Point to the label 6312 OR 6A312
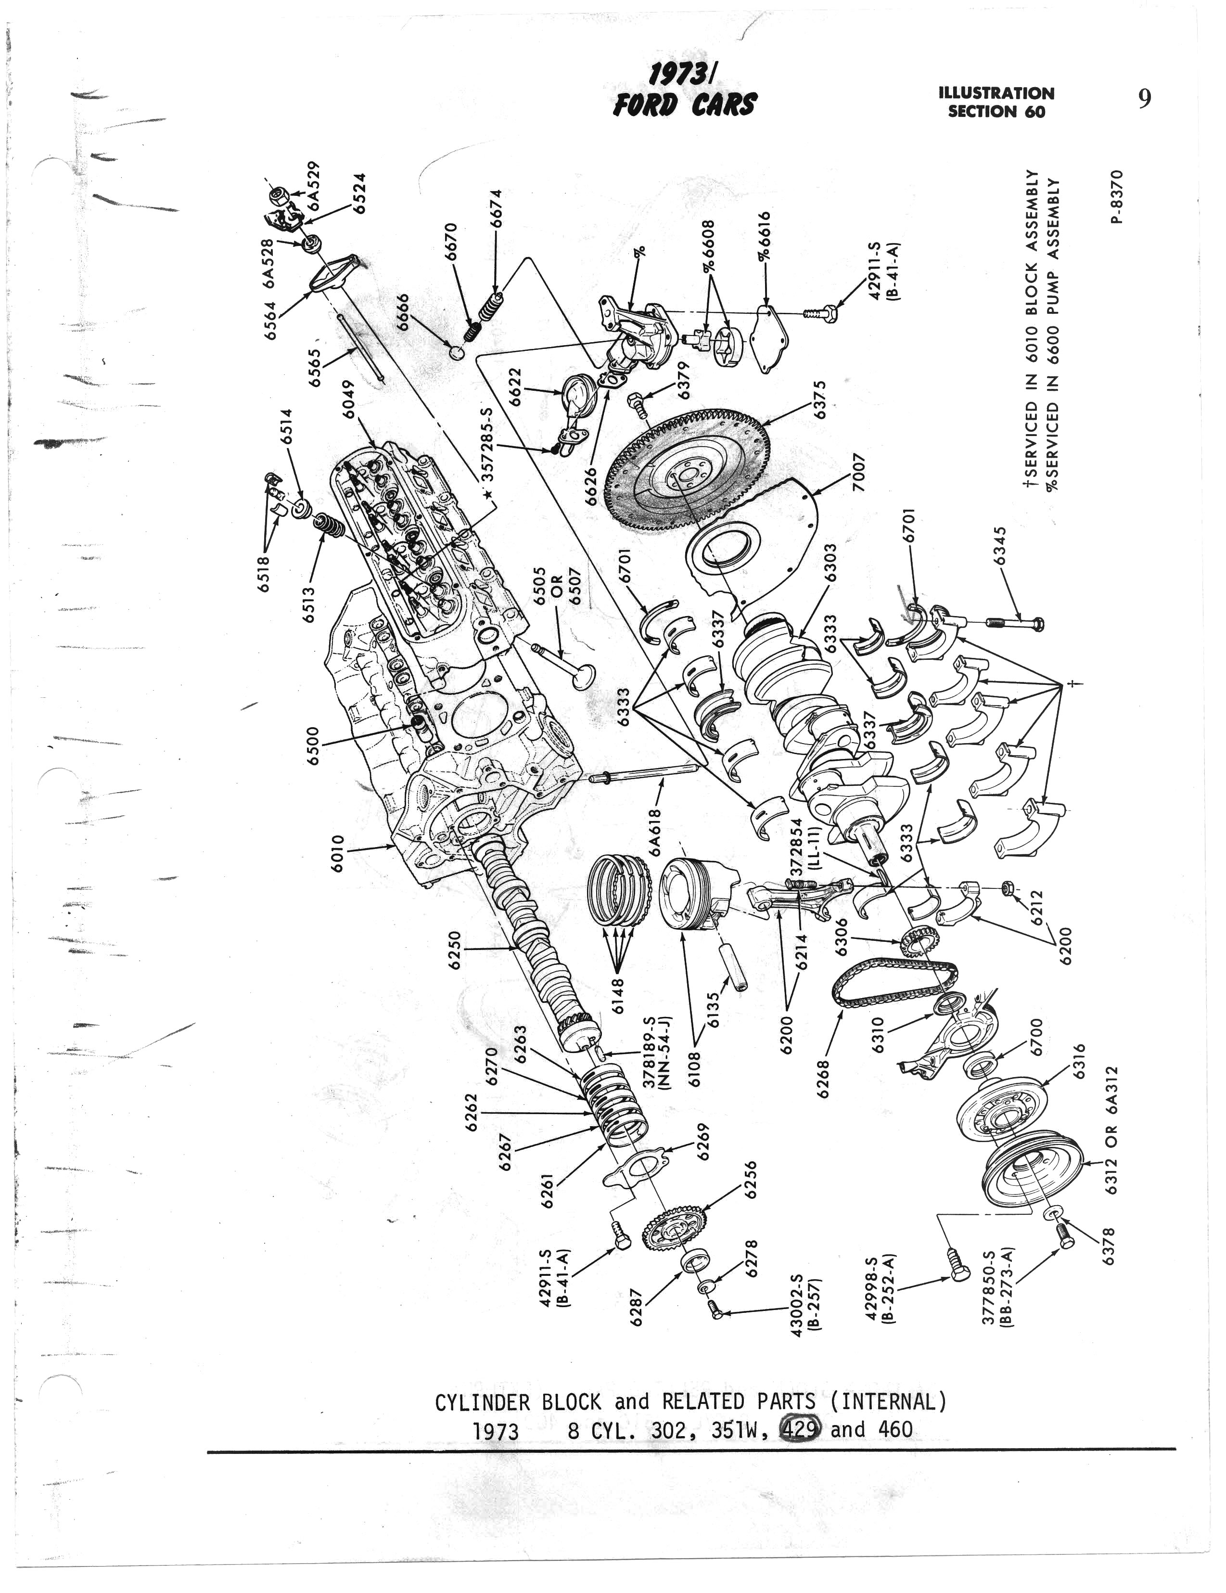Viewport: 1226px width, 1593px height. click(x=1111, y=1130)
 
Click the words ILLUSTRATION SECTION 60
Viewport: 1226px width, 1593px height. click(x=996, y=102)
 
